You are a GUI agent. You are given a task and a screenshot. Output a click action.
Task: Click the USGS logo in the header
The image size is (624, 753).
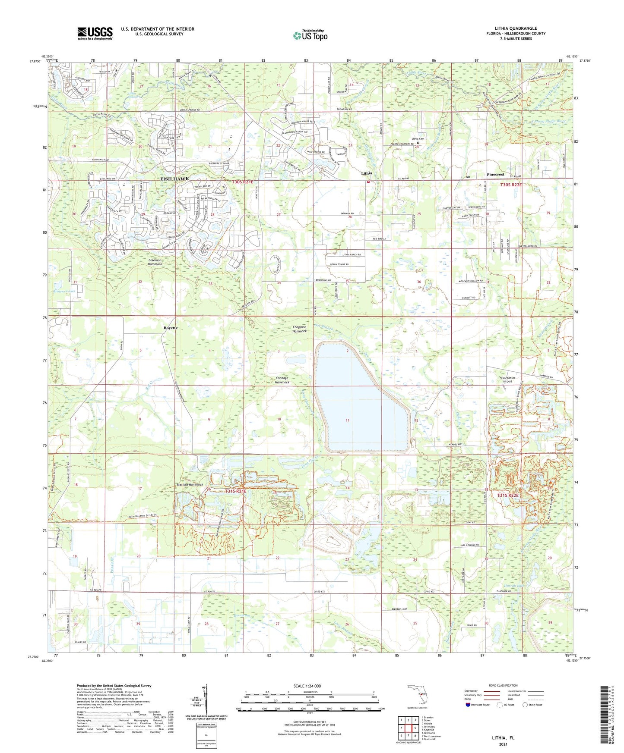point(95,33)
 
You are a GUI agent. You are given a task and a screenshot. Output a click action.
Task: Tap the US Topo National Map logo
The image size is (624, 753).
point(310,35)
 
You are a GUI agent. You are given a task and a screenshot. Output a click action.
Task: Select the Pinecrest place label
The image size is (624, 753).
point(495,175)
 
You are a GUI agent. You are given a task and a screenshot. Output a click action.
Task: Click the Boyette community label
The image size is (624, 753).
point(171,328)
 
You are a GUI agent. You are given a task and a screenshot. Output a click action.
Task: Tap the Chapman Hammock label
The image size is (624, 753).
point(299,329)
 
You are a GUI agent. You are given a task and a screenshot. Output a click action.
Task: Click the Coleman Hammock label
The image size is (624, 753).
point(155,262)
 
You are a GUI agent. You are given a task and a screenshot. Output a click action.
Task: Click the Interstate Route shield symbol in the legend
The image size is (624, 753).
point(469,705)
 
